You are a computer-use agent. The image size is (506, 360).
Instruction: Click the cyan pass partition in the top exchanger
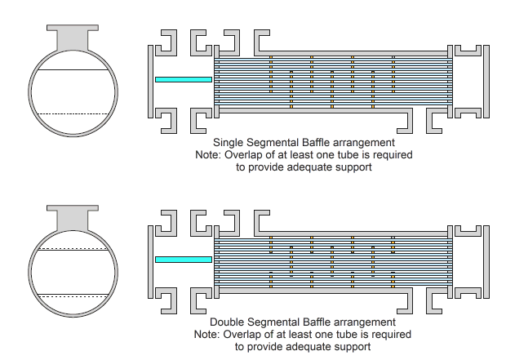(184, 79)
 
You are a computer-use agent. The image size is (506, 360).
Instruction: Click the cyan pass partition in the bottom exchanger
(184, 260)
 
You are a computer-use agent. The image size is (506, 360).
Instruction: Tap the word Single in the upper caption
(224, 143)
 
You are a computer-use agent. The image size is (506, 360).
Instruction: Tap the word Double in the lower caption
(222, 322)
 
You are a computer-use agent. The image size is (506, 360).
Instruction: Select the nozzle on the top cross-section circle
(73, 37)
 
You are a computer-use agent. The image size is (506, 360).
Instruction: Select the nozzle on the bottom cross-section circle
(73, 217)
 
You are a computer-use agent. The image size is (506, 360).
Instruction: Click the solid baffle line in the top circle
(73, 69)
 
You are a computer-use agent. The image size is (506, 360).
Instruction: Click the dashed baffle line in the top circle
(73, 114)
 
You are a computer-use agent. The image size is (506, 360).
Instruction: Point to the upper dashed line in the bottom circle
(73, 249)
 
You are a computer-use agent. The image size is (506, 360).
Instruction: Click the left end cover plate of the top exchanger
(150, 82)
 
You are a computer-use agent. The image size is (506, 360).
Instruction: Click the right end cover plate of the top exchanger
(486, 82)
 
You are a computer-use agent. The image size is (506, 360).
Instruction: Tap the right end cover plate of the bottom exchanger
(486, 262)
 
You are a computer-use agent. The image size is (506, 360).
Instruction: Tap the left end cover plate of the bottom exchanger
(150, 262)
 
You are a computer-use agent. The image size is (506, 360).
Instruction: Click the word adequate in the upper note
(308, 167)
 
